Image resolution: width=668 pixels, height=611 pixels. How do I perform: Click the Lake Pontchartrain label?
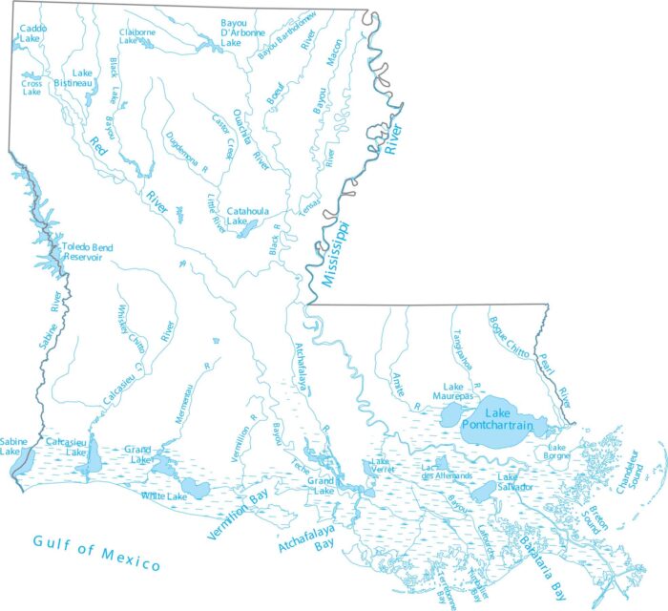coord(493,417)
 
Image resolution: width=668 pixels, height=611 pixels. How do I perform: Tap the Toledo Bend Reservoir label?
coord(88,253)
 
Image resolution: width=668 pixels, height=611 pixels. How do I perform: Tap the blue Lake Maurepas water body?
coord(449,416)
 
